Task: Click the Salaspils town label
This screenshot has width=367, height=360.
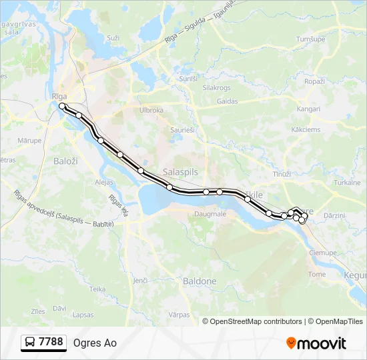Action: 180,171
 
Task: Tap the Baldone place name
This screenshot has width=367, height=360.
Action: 200,281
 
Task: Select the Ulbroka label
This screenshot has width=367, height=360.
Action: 151,110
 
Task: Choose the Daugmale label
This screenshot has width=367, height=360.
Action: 210,214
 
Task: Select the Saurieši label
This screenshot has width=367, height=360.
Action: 182,130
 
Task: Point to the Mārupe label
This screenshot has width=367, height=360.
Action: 29,141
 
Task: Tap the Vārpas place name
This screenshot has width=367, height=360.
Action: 179,313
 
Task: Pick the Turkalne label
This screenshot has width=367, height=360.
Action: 347,182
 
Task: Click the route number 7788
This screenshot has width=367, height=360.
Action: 51,342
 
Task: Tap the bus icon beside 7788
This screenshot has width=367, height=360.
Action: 30,343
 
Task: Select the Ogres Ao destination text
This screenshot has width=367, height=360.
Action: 95,343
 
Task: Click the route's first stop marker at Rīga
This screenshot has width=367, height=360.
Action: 62,106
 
